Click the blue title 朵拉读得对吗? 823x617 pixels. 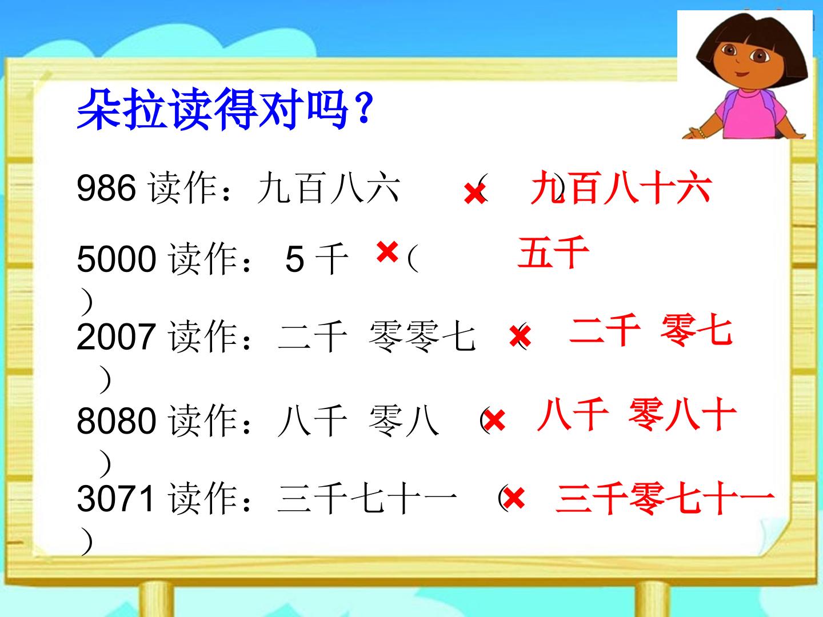225,110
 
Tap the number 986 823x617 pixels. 106,188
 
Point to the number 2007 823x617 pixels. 116,336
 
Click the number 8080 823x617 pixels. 116,421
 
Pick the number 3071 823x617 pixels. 116,499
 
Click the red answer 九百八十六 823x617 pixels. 621,189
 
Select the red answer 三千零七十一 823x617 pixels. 664,499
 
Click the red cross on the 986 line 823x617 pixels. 474,193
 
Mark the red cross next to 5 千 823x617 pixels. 387,251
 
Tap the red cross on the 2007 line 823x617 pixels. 521,335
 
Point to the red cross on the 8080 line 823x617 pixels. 494,420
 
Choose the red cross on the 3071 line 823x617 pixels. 514,498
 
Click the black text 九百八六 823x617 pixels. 328,189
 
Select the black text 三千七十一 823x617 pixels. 367,499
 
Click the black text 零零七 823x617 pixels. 422,336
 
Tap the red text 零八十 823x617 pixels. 682,415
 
